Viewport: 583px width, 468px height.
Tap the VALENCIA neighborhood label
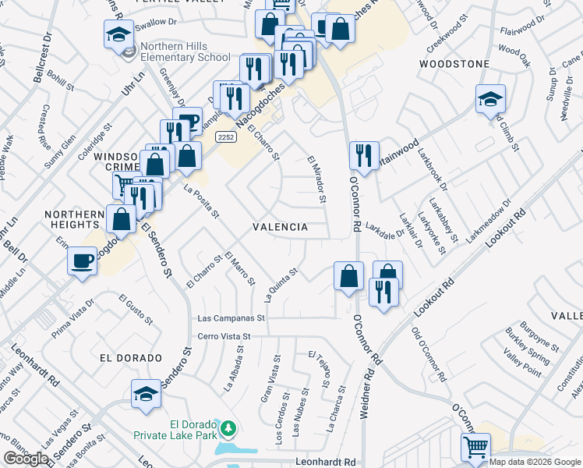(x=281, y=226)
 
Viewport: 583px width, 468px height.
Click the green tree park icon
(x=228, y=428)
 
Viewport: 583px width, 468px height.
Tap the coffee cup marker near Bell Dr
(x=82, y=261)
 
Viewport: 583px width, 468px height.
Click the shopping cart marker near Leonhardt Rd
(x=475, y=448)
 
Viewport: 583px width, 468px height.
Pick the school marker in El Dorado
(x=146, y=395)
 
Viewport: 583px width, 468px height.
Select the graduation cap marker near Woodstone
(x=490, y=99)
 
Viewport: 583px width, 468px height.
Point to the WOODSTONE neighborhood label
(x=454, y=63)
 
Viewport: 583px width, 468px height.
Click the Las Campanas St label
(x=231, y=318)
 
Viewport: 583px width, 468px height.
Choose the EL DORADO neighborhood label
(x=131, y=357)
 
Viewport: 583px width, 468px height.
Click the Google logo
(x=26, y=459)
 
